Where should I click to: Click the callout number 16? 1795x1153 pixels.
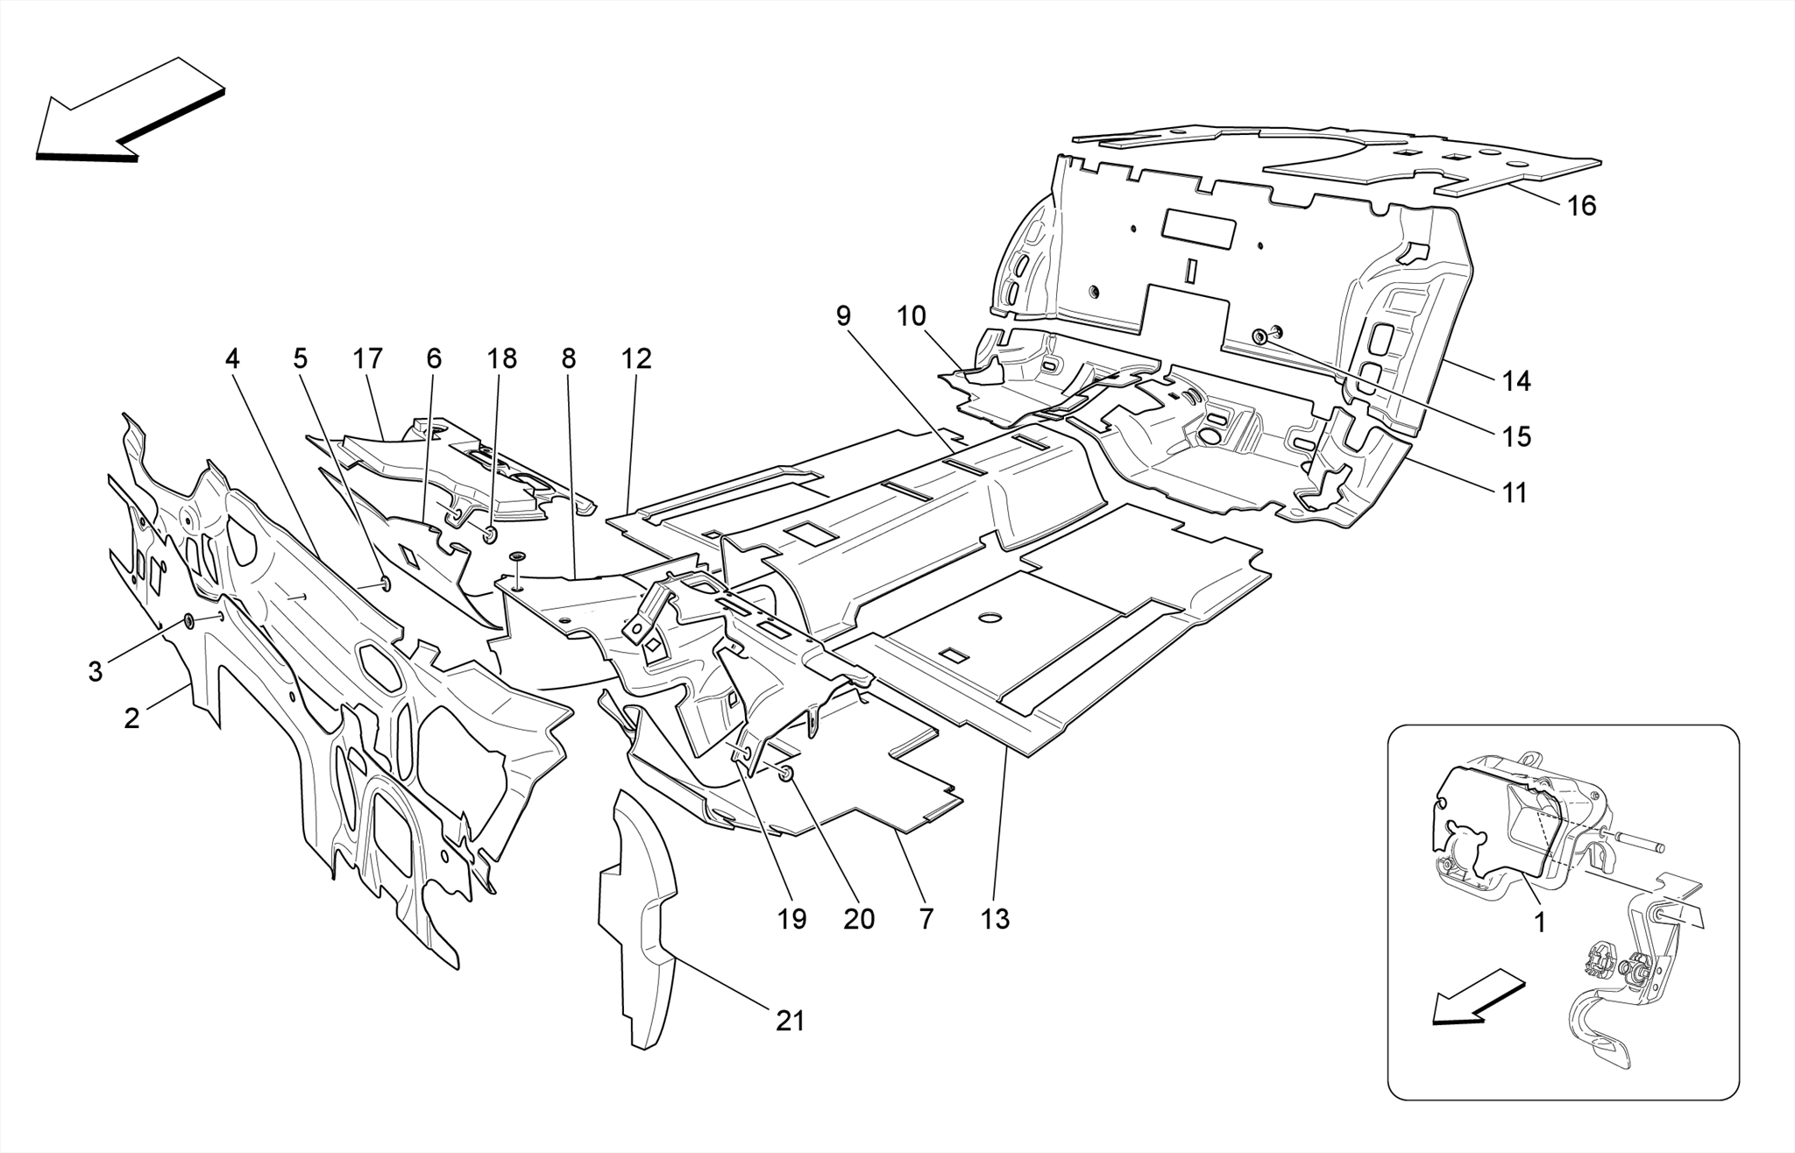click(1581, 207)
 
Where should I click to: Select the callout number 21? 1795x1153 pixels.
click(790, 1021)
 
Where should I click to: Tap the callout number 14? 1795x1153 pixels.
click(1515, 381)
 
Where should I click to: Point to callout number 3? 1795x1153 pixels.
click(96, 672)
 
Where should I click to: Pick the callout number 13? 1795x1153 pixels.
click(996, 919)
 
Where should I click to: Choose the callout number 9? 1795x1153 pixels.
click(843, 316)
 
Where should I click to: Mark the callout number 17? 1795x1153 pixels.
click(368, 358)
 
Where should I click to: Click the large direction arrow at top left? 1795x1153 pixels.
click(131, 110)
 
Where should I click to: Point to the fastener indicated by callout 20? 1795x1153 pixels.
click(786, 773)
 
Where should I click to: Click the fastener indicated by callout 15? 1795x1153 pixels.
click(1259, 336)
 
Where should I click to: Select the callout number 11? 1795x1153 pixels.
click(1515, 493)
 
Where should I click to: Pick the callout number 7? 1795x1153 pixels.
click(926, 919)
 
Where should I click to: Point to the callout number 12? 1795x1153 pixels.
click(637, 358)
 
